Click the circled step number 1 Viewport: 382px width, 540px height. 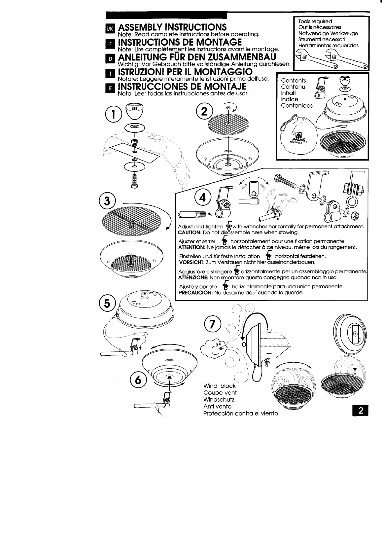113,114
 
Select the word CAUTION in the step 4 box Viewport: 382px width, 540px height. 187,233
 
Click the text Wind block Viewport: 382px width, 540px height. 220,386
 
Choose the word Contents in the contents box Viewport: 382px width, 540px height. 293,81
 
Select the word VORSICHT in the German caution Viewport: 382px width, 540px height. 191,262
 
